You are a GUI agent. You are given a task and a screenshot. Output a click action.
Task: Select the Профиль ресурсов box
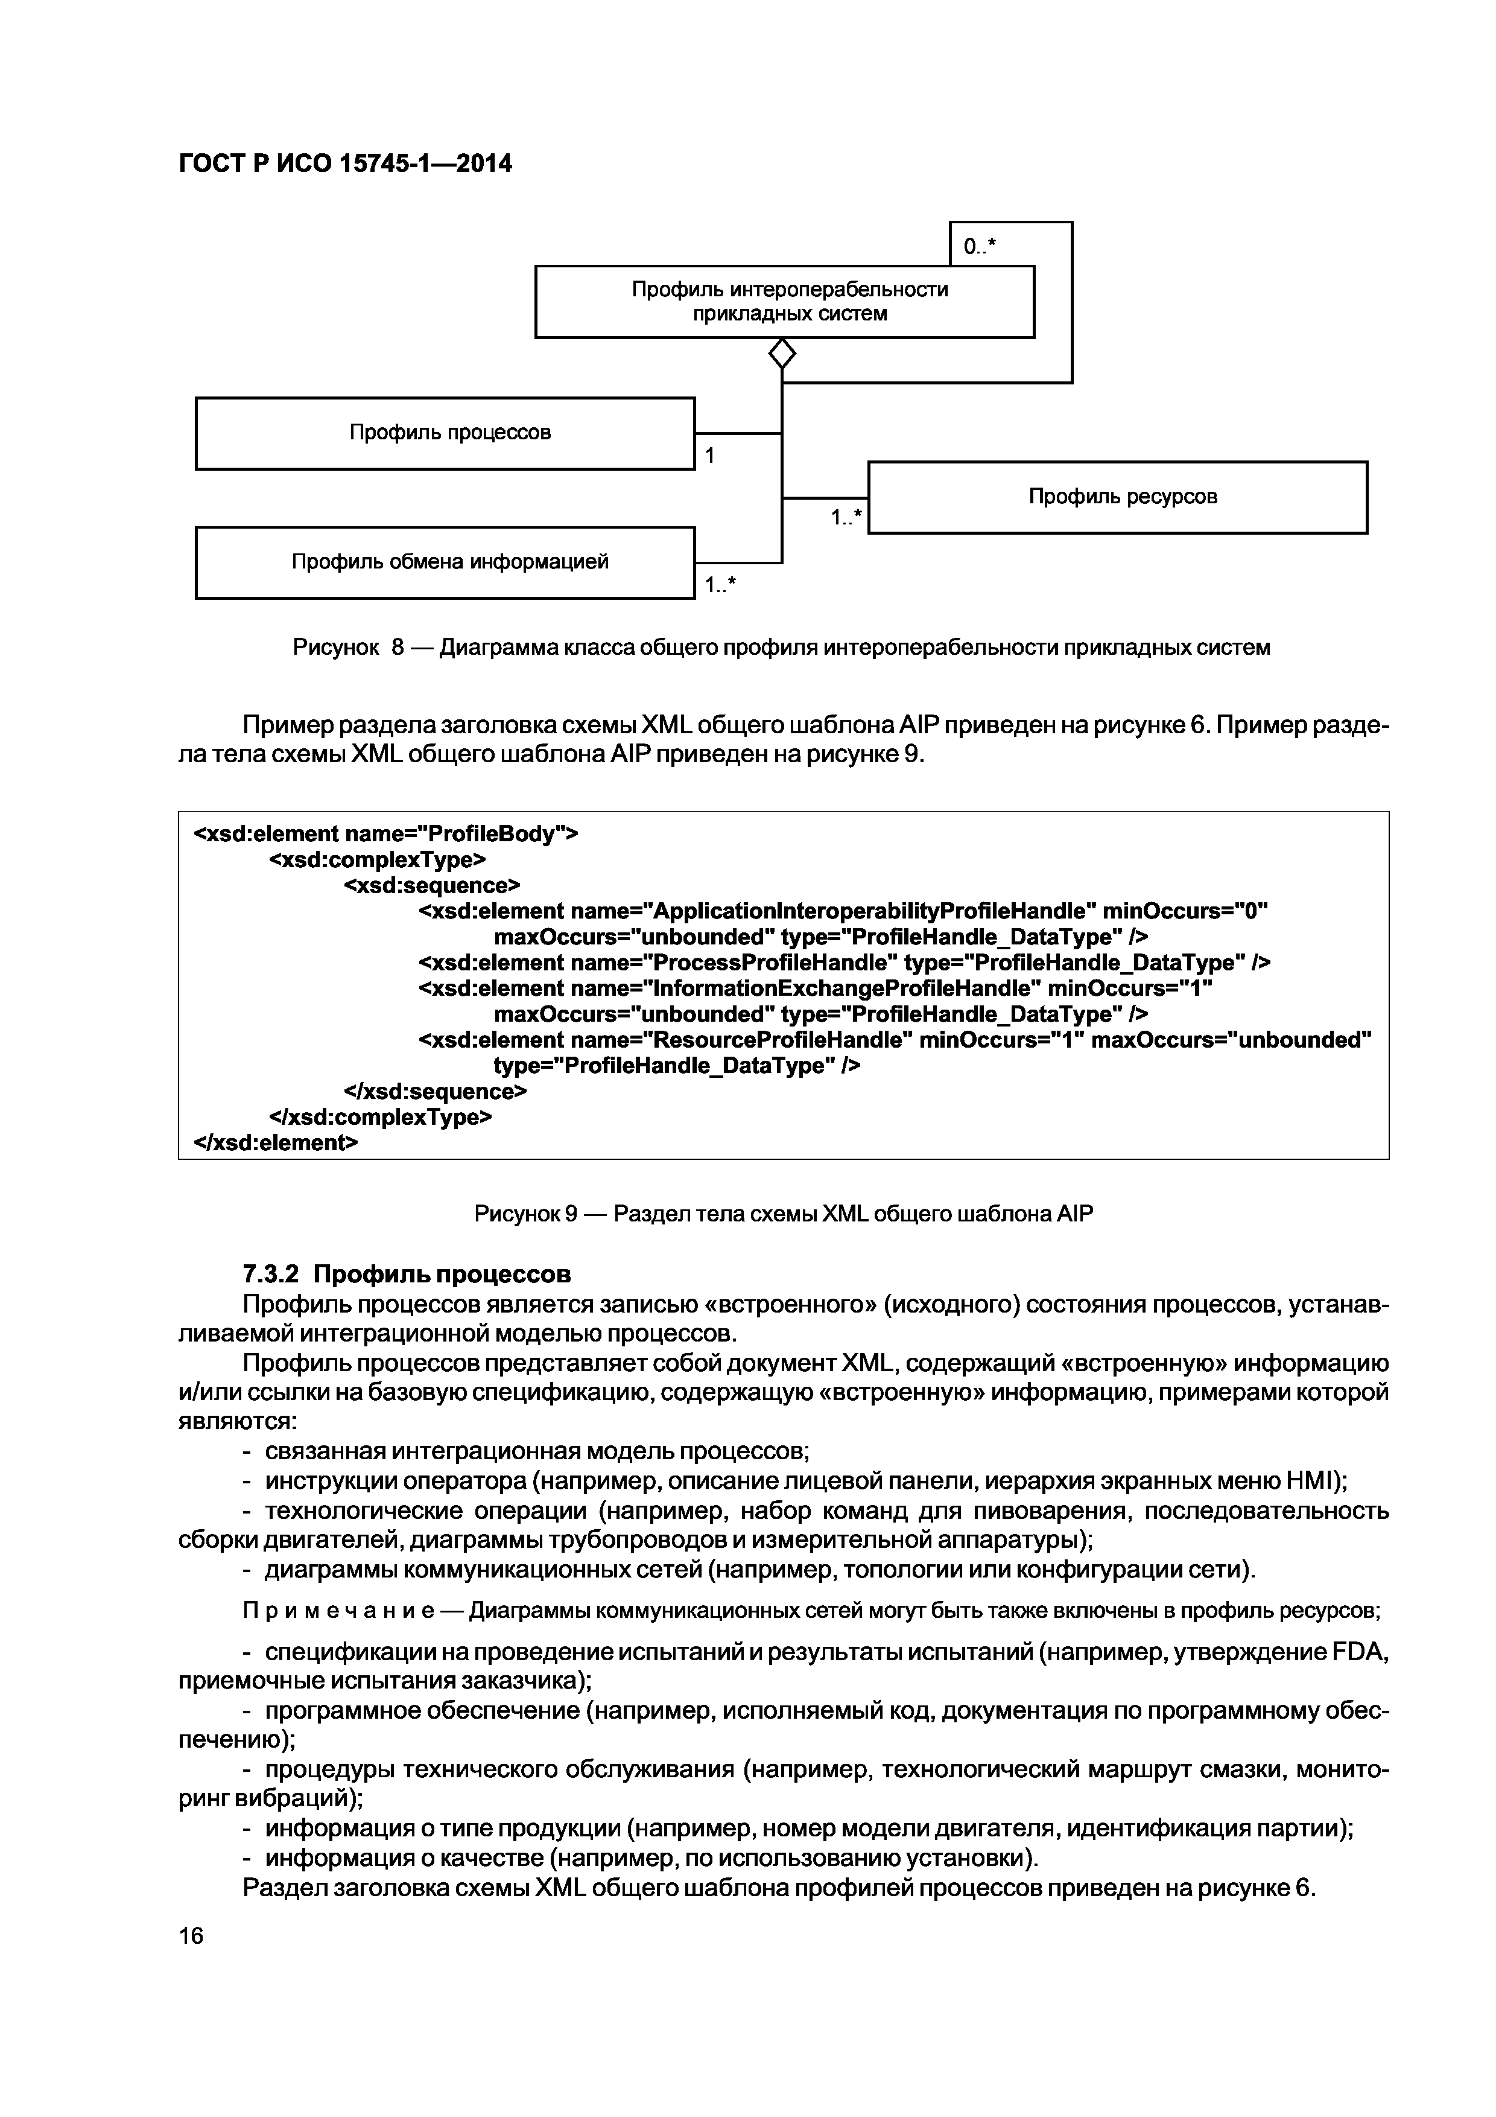[x=1117, y=497]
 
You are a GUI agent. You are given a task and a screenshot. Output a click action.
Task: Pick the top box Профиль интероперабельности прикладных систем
[x=784, y=302]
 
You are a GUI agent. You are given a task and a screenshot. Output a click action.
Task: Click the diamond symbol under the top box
[x=782, y=353]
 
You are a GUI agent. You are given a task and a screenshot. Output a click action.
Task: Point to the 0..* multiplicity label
[x=980, y=246]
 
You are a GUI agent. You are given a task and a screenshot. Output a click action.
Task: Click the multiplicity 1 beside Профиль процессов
[x=710, y=456]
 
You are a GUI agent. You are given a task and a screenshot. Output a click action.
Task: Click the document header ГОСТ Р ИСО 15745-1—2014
[x=344, y=164]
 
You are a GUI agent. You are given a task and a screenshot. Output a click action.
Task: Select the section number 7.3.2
[x=271, y=1275]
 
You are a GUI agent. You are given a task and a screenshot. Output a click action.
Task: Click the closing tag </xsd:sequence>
[x=435, y=1092]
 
